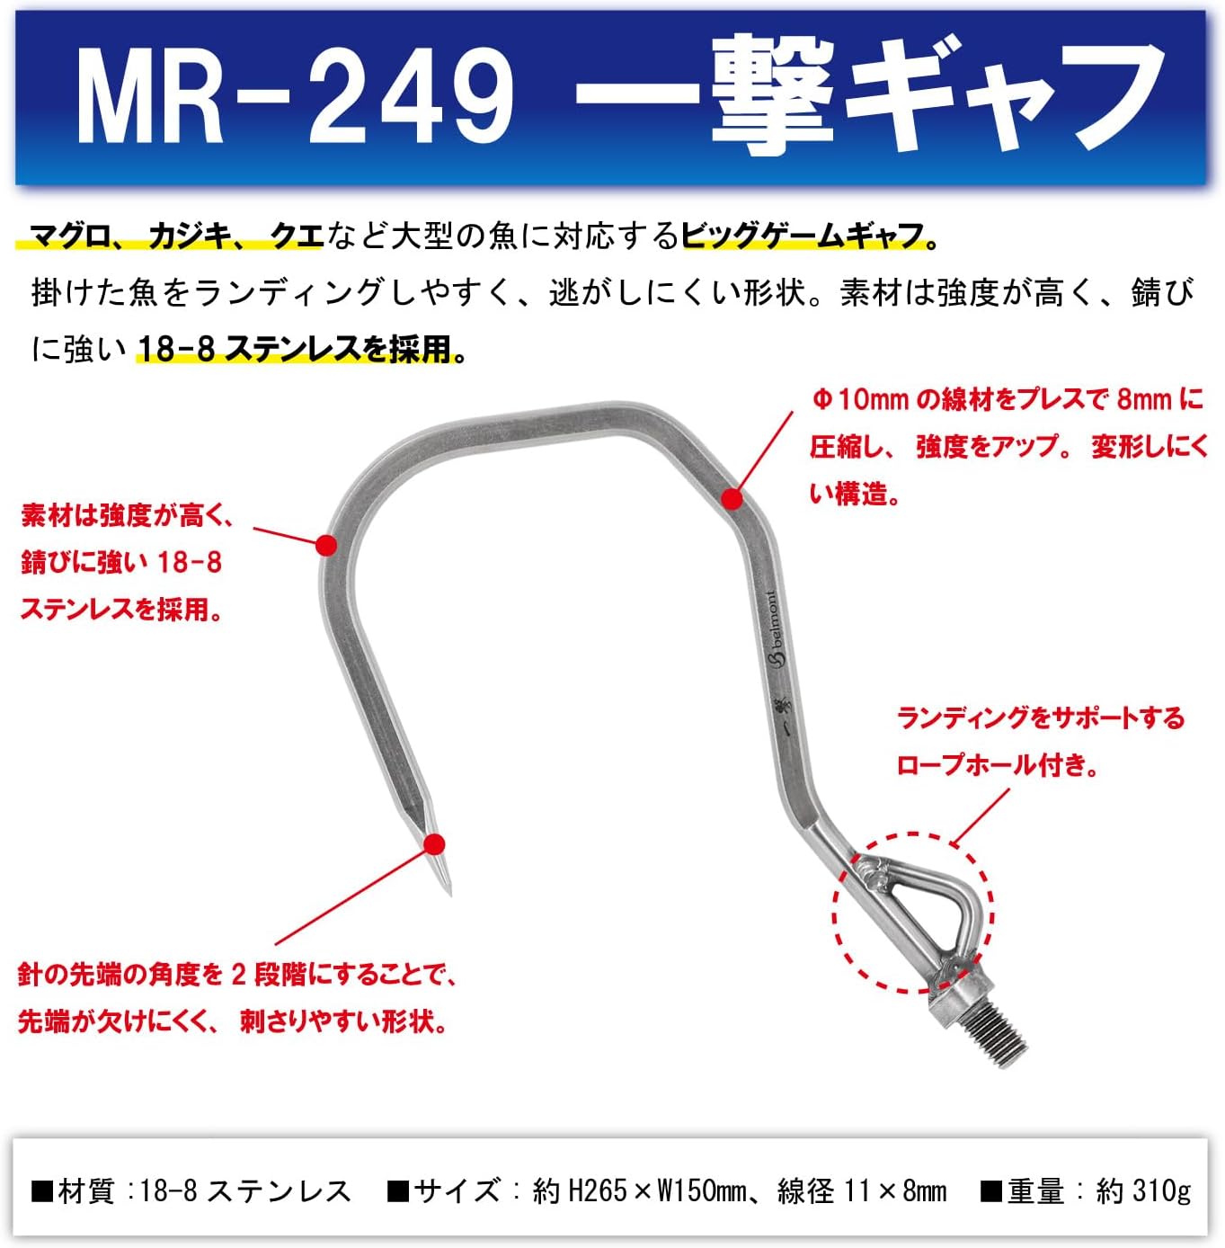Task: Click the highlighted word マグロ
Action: pos(69,236)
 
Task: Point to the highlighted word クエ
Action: pos(296,236)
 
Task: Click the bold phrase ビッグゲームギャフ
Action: pos(803,236)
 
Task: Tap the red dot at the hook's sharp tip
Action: pos(434,844)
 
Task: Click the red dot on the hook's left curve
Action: pos(326,545)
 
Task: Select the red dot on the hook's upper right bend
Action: pos(732,498)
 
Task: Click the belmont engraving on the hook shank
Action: pos(774,628)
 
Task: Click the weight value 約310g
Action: pos(1143,1190)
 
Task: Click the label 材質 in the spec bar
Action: pos(86,1190)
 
